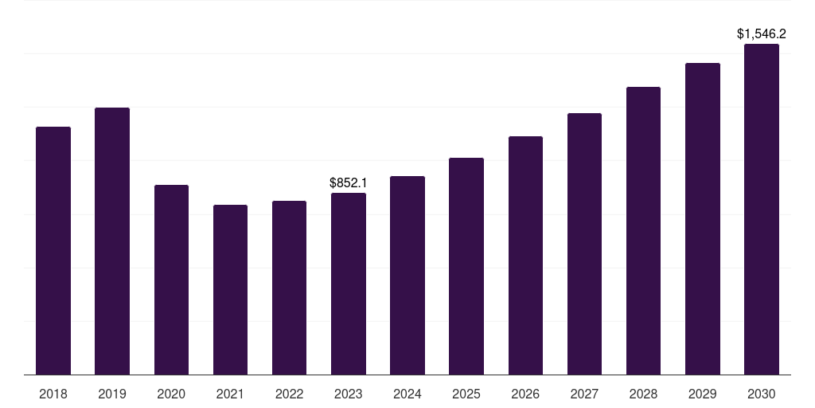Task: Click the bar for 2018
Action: click(x=53, y=251)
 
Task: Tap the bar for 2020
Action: click(x=171, y=280)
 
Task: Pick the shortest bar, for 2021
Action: click(x=230, y=290)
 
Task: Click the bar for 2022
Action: click(x=289, y=288)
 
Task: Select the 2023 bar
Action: click(x=349, y=284)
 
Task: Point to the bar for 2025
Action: click(x=466, y=266)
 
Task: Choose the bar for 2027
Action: click(x=584, y=244)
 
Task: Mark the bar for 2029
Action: click(x=703, y=219)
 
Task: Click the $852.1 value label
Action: click(x=349, y=183)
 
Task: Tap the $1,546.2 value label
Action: click(x=762, y=34)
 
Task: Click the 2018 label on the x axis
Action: click(x=53, y=394)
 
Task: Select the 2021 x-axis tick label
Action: click(x=230, y=394)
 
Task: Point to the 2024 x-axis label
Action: click(x=407, y=394)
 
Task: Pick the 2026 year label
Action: click(x=525, y=394)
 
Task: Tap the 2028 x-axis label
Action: click(x=643, y=394)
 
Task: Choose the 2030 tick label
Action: click(x=762, y=394)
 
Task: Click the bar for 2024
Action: click(x=407, y=276)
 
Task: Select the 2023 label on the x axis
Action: click(x=349, y=394)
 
